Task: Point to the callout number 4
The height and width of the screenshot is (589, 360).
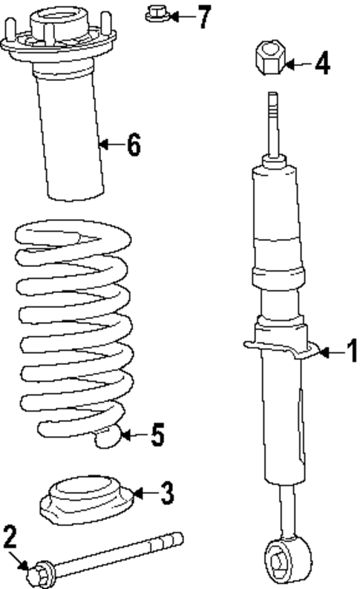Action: pos(321,65)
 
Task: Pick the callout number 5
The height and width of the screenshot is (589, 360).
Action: pos(157,435)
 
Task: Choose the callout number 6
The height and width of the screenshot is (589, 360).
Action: pos(132,145)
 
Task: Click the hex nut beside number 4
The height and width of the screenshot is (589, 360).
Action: pos(269,57)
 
